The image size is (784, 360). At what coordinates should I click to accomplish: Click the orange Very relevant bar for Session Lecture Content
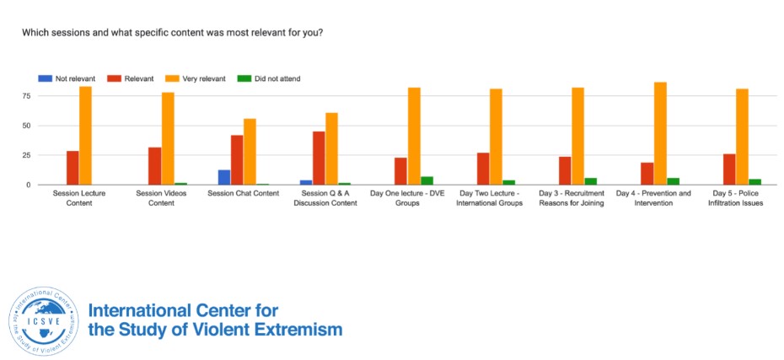[x=85, y=136]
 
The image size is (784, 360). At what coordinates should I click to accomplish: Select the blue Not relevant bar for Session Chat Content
[x=224, y=177]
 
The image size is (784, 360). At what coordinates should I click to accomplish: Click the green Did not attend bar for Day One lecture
[x=427, y=180]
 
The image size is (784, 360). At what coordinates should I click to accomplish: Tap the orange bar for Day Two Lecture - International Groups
[x=496, y=137]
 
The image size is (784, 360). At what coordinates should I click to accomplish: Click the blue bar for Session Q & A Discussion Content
[x=305, y=182]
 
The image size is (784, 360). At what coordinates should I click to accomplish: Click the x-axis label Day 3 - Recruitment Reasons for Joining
[x=572, y=198]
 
